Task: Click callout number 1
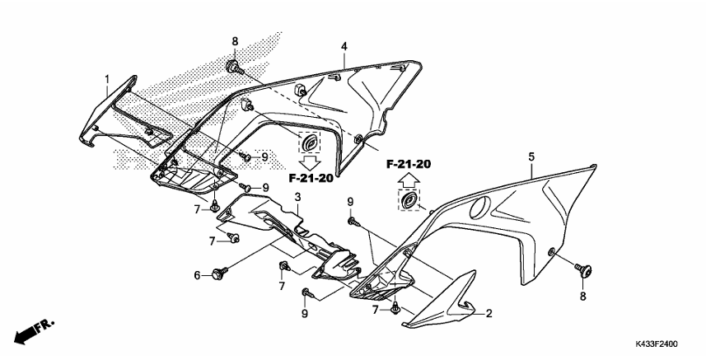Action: (107, 79)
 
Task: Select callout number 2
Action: (489, 314)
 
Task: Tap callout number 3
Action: (297, 198)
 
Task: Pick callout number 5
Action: (531, 156)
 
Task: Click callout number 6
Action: (198, 275)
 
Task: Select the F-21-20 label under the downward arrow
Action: (310, 177)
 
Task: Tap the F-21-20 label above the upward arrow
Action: (409, 164)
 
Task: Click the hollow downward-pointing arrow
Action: (310, 160)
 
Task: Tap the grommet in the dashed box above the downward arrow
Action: (309, 143)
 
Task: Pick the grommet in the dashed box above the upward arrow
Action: (409, 200)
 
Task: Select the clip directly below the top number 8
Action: (234, 65)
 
